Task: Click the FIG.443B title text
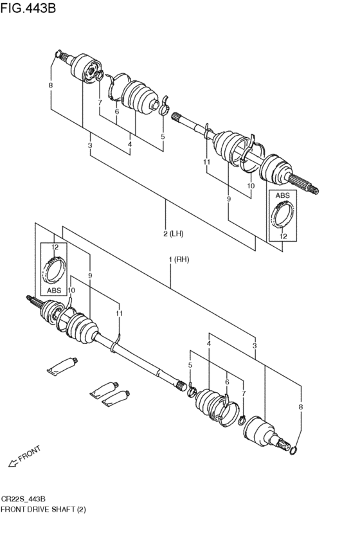[x=28, y=7]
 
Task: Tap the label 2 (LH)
[x=174, y=233]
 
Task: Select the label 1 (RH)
[x=179, y=260]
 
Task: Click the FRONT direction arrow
[x=14, y=463]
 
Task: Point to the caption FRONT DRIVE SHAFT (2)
[x=43, y=509]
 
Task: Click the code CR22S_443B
[x=23, y=499]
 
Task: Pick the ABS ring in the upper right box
[x=283, y=215]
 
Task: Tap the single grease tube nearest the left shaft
[x=62, y=366]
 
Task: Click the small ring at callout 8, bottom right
[x=294, y=451]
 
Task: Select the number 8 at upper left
[x=51, y=85]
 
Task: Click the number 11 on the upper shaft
[x=207, y=162]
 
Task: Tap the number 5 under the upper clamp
[x=163, y=137]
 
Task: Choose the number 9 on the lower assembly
[x=90, y=276]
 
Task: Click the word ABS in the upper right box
[x=283, y=195]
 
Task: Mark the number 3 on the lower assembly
[x=255, y=346]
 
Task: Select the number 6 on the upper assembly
[x=117, y=111]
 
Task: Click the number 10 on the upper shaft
[x=251, y=186]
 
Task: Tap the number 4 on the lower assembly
[x=208, y=344]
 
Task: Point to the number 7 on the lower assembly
[x=244, y=393]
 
